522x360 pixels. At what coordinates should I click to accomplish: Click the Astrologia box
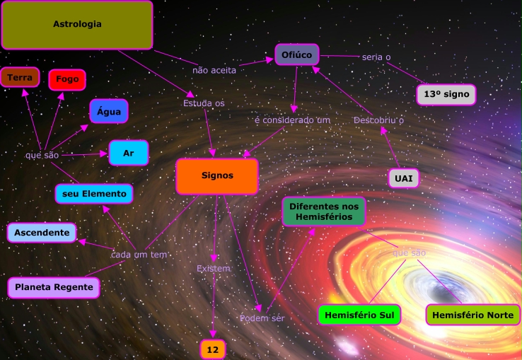click(x=77, y=25)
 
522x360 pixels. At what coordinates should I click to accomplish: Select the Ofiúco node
click(x=297, y=54)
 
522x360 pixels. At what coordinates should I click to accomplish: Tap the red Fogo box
click(x=67, y=80)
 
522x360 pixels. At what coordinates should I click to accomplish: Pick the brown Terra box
click(x=20, y=77)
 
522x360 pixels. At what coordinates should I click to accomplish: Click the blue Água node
click(x=108, y=111)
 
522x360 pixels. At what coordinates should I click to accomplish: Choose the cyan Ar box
click(x=128, y=153)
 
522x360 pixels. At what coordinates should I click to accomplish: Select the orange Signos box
click(x=216, y=176)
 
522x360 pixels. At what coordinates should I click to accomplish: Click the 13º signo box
click(x=446, y=94)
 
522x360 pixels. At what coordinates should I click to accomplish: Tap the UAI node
click(x=403, y=178)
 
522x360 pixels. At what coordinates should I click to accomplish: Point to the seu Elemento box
click(x=94, y=193)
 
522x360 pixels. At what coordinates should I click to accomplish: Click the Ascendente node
click(x=42, y=232)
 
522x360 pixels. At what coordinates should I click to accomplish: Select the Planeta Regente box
click(x=53, y=287)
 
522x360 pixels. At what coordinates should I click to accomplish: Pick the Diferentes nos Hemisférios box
click(x=325, y=211)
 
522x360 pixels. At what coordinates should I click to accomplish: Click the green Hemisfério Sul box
click(x=359, y=315)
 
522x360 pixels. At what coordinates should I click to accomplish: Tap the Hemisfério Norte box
click(x=472, y=315)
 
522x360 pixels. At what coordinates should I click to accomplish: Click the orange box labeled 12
click(x=212, y=349)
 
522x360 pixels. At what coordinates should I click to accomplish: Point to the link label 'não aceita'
click(x=214, y=70)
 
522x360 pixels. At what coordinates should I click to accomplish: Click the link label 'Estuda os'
click(x=204, y=103)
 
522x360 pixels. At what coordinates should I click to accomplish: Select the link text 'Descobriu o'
click(x=378, y=120)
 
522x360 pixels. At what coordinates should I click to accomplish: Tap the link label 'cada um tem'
click(x=139, y=254)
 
